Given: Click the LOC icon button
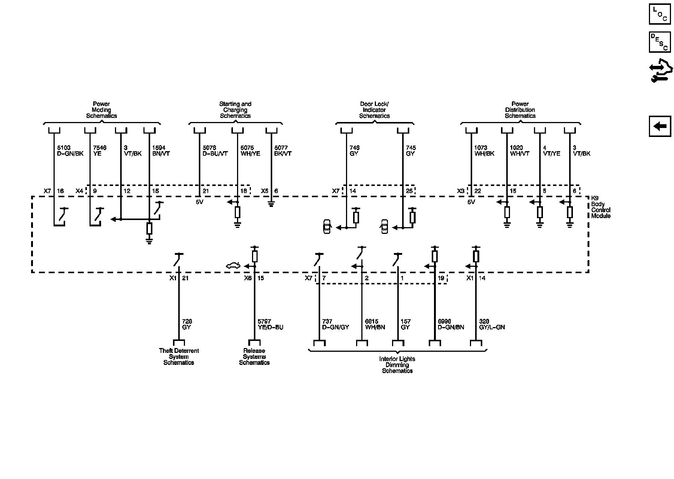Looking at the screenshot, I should pyautogui.click(x=659, y=14).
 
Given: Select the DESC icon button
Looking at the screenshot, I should pyautogui.click(x=659, y=42).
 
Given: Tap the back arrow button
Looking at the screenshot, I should pyautogui.click(x=660, y=126).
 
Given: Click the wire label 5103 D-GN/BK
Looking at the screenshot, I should pyautogui.click(x=70, y=151).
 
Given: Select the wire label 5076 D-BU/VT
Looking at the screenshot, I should pyautogui.click(x=215, y=151).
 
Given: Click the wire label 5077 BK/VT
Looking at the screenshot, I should pyautogui.click(x=283, y=151).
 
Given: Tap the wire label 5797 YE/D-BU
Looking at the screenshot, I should pyautogui.click(x=270, y=324).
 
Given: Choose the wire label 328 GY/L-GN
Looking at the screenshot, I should pyautogui.click(x=492, y=324).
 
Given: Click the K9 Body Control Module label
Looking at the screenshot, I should pyautogui.click(x=601, y=207).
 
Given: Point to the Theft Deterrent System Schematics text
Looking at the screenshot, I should pyautogui.click(x=179, y=357).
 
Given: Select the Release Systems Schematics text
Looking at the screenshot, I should pyautogui.click(x=254, y=357).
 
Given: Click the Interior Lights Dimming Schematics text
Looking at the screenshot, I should pyautogui.click(x=397, y=365).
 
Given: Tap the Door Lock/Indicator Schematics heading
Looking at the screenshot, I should pyautogui.click(x=374, y=110).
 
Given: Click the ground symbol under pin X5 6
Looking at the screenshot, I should pyautogui.click(x=271, y=205).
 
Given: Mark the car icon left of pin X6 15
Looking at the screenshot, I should pyautogui.click(x=233, y=266).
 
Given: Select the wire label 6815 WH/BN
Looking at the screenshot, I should pyautogui.click(x=375, y=324).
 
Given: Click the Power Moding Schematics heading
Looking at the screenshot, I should pyautogui.click(x=101, y=110).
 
